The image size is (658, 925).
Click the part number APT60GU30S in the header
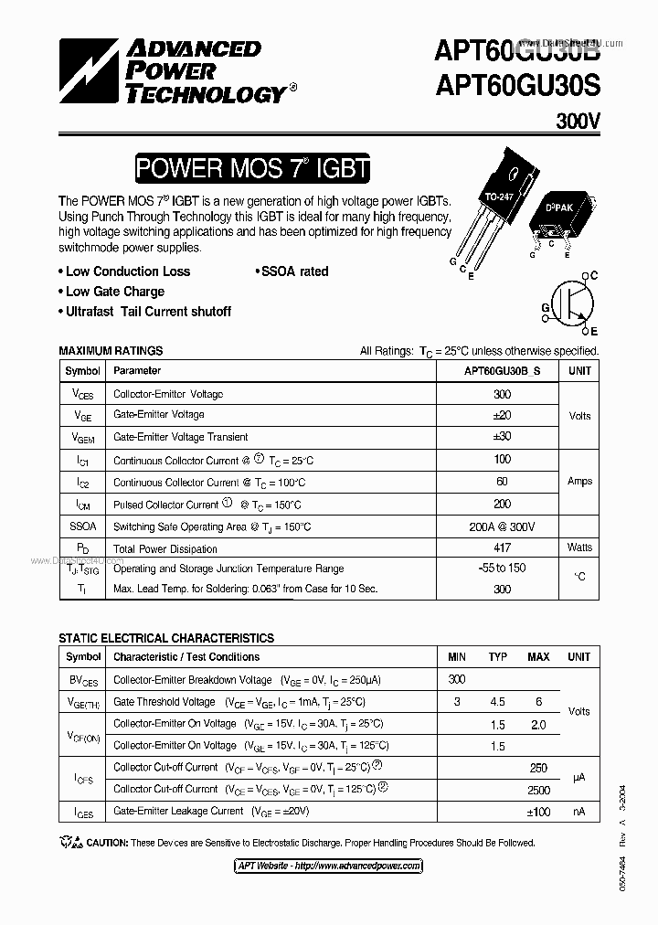pyautogui.click(x=517, y=85)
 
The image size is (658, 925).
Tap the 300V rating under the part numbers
pyautogui.click(x=578, y=121)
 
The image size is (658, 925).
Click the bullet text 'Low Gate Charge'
pyautogui.click(x=115, y=292)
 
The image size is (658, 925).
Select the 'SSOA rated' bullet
pyautogui.click(x=294, y=271)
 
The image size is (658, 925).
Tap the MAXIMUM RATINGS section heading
pyautogui.click(x=111, y=350)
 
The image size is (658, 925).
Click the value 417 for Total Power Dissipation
pyautogui.click(x=502, y=548)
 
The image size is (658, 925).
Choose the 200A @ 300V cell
pyautogui.click(x=502, y=527)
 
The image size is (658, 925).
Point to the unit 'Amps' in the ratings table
pyautogui.click(x=579, y=482)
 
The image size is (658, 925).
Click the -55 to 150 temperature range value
pyautogui.click(x=502, y=568)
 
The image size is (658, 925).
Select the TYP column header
pyautogui.click(x=498, y=657)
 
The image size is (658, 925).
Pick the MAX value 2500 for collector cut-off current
pyautogui.click(x=538, y=790)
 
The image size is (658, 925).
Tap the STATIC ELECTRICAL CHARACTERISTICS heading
pyautogui.click(x=166, y=638)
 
